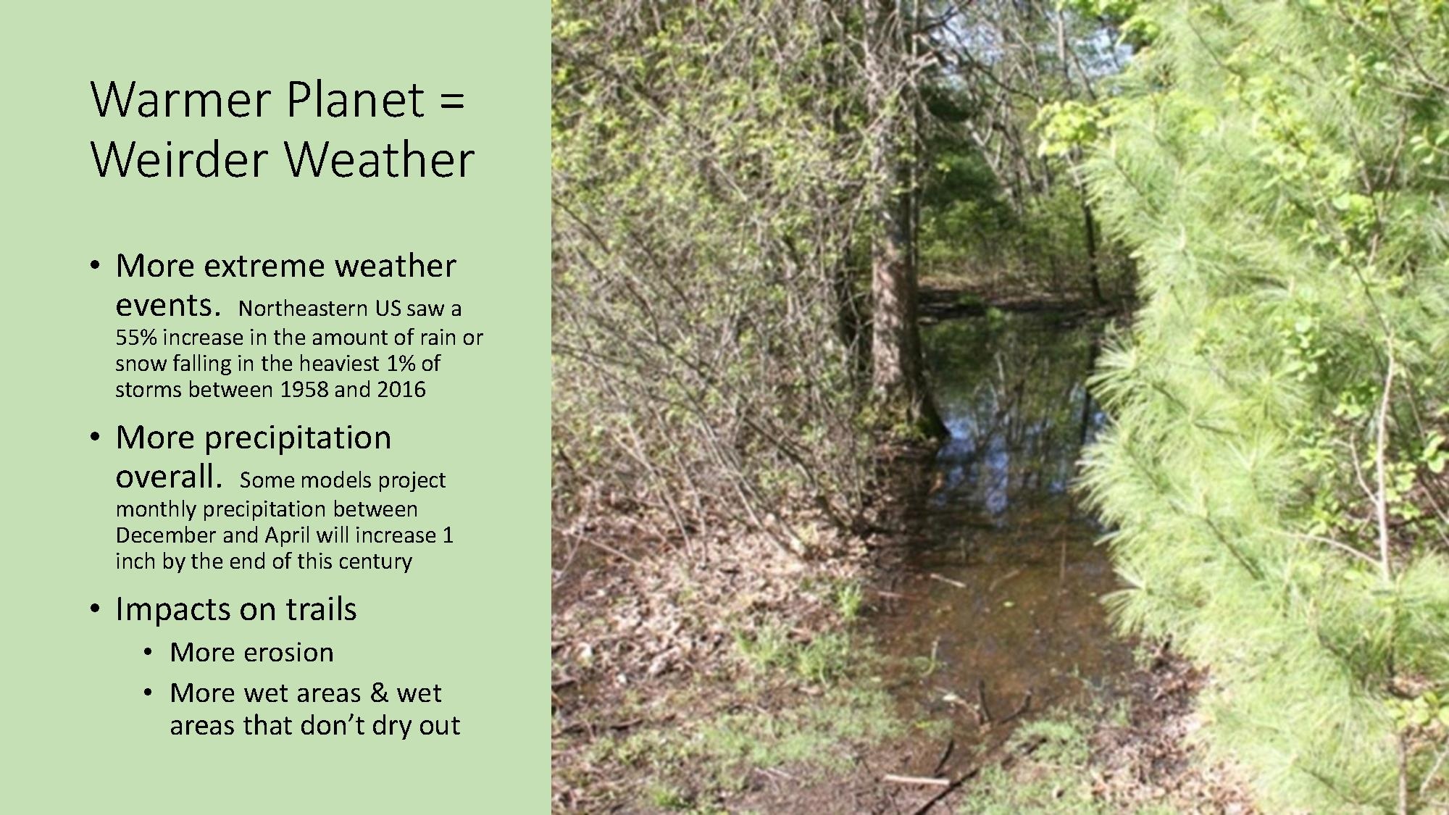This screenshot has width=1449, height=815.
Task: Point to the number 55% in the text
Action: click(136, 338)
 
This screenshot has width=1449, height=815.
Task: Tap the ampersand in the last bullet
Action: click(379, 693)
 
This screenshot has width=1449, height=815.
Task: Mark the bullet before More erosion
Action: click(149, 653)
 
